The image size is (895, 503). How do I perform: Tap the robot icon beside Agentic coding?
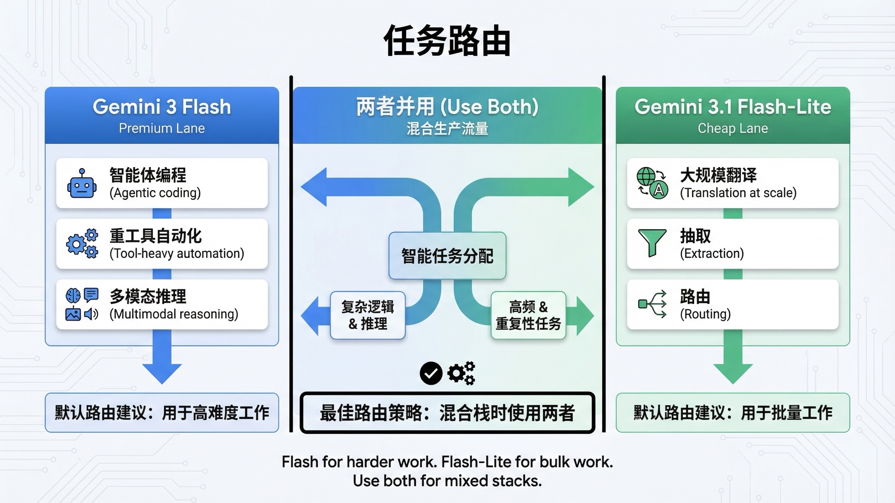(82, 183)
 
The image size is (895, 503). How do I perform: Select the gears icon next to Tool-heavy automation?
(82, 243)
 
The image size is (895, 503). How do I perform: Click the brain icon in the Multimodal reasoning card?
(73, 295)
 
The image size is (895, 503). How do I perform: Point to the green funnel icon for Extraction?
(652, 243)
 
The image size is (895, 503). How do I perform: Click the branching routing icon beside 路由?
(653, 304)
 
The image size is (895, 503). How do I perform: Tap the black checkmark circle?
(431, 373)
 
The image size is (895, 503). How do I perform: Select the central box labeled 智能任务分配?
(447, 256)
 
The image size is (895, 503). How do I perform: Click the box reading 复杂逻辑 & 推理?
(368, 315)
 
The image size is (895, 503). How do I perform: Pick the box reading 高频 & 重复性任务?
(528, 315)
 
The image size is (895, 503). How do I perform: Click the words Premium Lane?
(162, 128)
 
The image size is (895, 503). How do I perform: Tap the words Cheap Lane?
(733, 128)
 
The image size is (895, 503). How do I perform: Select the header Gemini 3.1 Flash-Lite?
(733, 107)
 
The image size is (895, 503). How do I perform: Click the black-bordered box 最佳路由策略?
(447, 412)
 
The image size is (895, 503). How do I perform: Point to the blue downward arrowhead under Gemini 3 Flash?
(162, 373)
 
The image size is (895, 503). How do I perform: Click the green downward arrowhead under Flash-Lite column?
(733, 373)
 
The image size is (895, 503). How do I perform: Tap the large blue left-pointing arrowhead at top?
(315, 187)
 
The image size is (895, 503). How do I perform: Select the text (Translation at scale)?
(738, 193)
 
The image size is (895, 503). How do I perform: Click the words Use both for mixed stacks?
(447, 481)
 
